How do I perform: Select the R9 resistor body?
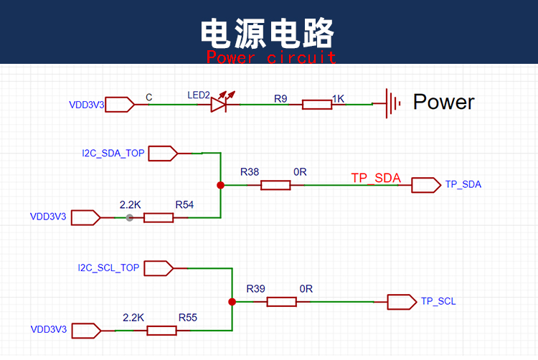(317, 105)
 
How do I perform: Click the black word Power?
(443, 102)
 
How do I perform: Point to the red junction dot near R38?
(221, 185)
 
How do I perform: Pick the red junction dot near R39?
(232, 302)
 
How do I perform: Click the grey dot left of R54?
(129, 218)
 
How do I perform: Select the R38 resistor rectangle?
(275, 185)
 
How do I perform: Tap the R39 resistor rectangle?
(282, 302)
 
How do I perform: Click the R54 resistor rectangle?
(159, 218)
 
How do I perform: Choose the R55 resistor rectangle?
(161, 331)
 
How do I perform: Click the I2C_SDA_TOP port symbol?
(163, 153)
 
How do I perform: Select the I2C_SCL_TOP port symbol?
(159, 268)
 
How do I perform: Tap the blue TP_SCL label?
(438, 301)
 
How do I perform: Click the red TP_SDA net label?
(376, 179)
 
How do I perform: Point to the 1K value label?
(338, 99)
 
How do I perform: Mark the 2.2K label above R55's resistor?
(133, 318)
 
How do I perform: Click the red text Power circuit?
(271, 57)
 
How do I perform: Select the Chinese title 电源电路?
(268, 33)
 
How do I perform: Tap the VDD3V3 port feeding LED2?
(120, 105)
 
